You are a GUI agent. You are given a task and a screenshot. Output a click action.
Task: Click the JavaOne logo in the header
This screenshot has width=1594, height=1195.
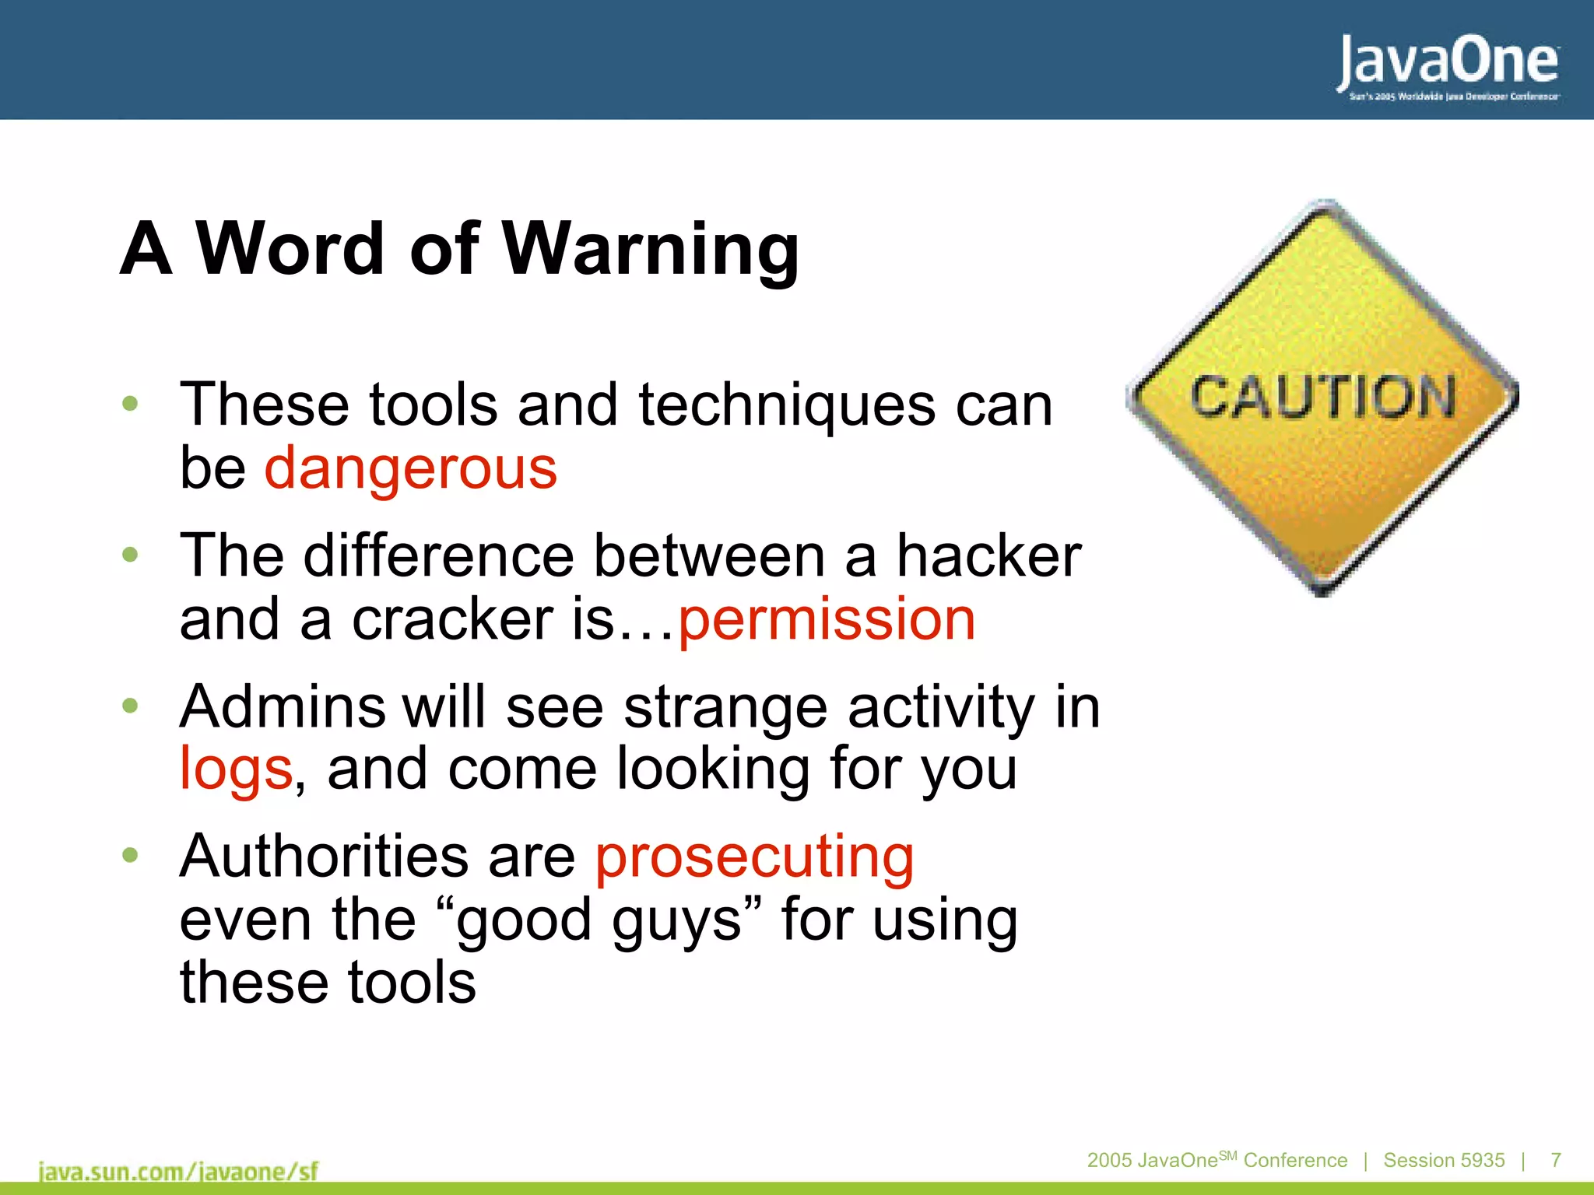pos(1448,62)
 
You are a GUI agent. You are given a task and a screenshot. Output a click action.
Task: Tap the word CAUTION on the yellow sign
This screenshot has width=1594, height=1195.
pos(1322,397)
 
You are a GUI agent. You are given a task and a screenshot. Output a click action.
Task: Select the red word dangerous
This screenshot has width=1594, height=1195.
pos(411,468)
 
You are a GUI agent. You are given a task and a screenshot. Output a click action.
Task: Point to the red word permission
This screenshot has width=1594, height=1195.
pos(827,620)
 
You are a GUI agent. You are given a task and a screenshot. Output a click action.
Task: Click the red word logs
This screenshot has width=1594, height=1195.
pos(236,769)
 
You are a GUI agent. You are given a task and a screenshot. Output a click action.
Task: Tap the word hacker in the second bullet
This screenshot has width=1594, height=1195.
pos(988,556)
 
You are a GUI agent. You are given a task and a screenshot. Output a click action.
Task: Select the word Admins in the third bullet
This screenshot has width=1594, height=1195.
pos(283,707)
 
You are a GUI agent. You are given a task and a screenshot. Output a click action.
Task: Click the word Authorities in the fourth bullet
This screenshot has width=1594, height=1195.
pos(324,856)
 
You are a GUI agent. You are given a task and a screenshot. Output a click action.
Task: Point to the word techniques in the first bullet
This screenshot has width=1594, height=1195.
pos(787,405)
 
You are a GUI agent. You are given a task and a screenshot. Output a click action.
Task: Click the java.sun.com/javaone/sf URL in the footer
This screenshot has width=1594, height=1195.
pos(178,1171)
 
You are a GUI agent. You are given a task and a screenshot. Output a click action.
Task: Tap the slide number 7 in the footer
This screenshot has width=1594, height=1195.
pos(1555,1160)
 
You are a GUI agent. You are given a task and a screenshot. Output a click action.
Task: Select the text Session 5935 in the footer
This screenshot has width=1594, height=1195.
pos(1444,1160)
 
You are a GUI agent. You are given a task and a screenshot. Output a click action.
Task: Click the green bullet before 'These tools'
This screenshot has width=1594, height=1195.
pos(130,403)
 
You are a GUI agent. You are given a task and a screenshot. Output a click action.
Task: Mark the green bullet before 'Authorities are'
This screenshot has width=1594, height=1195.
pos(130,855)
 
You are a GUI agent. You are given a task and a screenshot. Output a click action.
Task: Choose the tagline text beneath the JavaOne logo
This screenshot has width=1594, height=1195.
pos(1454,96)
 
